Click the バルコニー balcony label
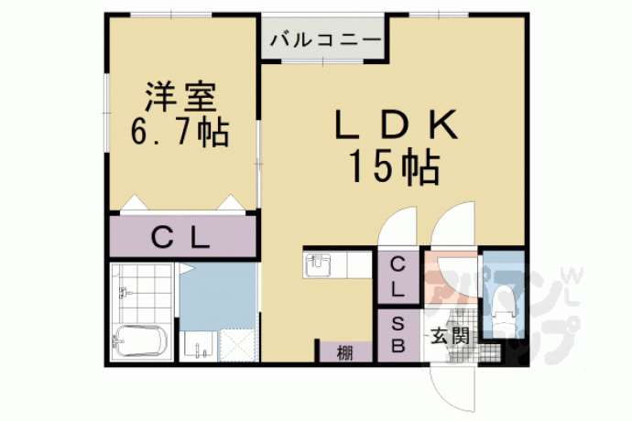click(x=325, y=40)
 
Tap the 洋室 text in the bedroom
click(x=181, y=97)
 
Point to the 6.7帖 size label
click(x=180, y=132)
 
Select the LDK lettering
click(x=397, y=124)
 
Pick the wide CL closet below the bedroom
click(x=183, y=237)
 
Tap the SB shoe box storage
click(x=398, y=335)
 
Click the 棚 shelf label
click(x=345, y=353)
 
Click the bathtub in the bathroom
click(x=139, y=340)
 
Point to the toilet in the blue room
click(x=503, y=307)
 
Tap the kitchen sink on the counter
click(x=318, y=264)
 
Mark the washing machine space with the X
click(x=237, y=345)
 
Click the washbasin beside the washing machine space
click(x=198, y=345)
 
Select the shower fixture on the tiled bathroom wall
click(x=124, y=292)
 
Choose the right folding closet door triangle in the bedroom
click(x=231, y=202)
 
